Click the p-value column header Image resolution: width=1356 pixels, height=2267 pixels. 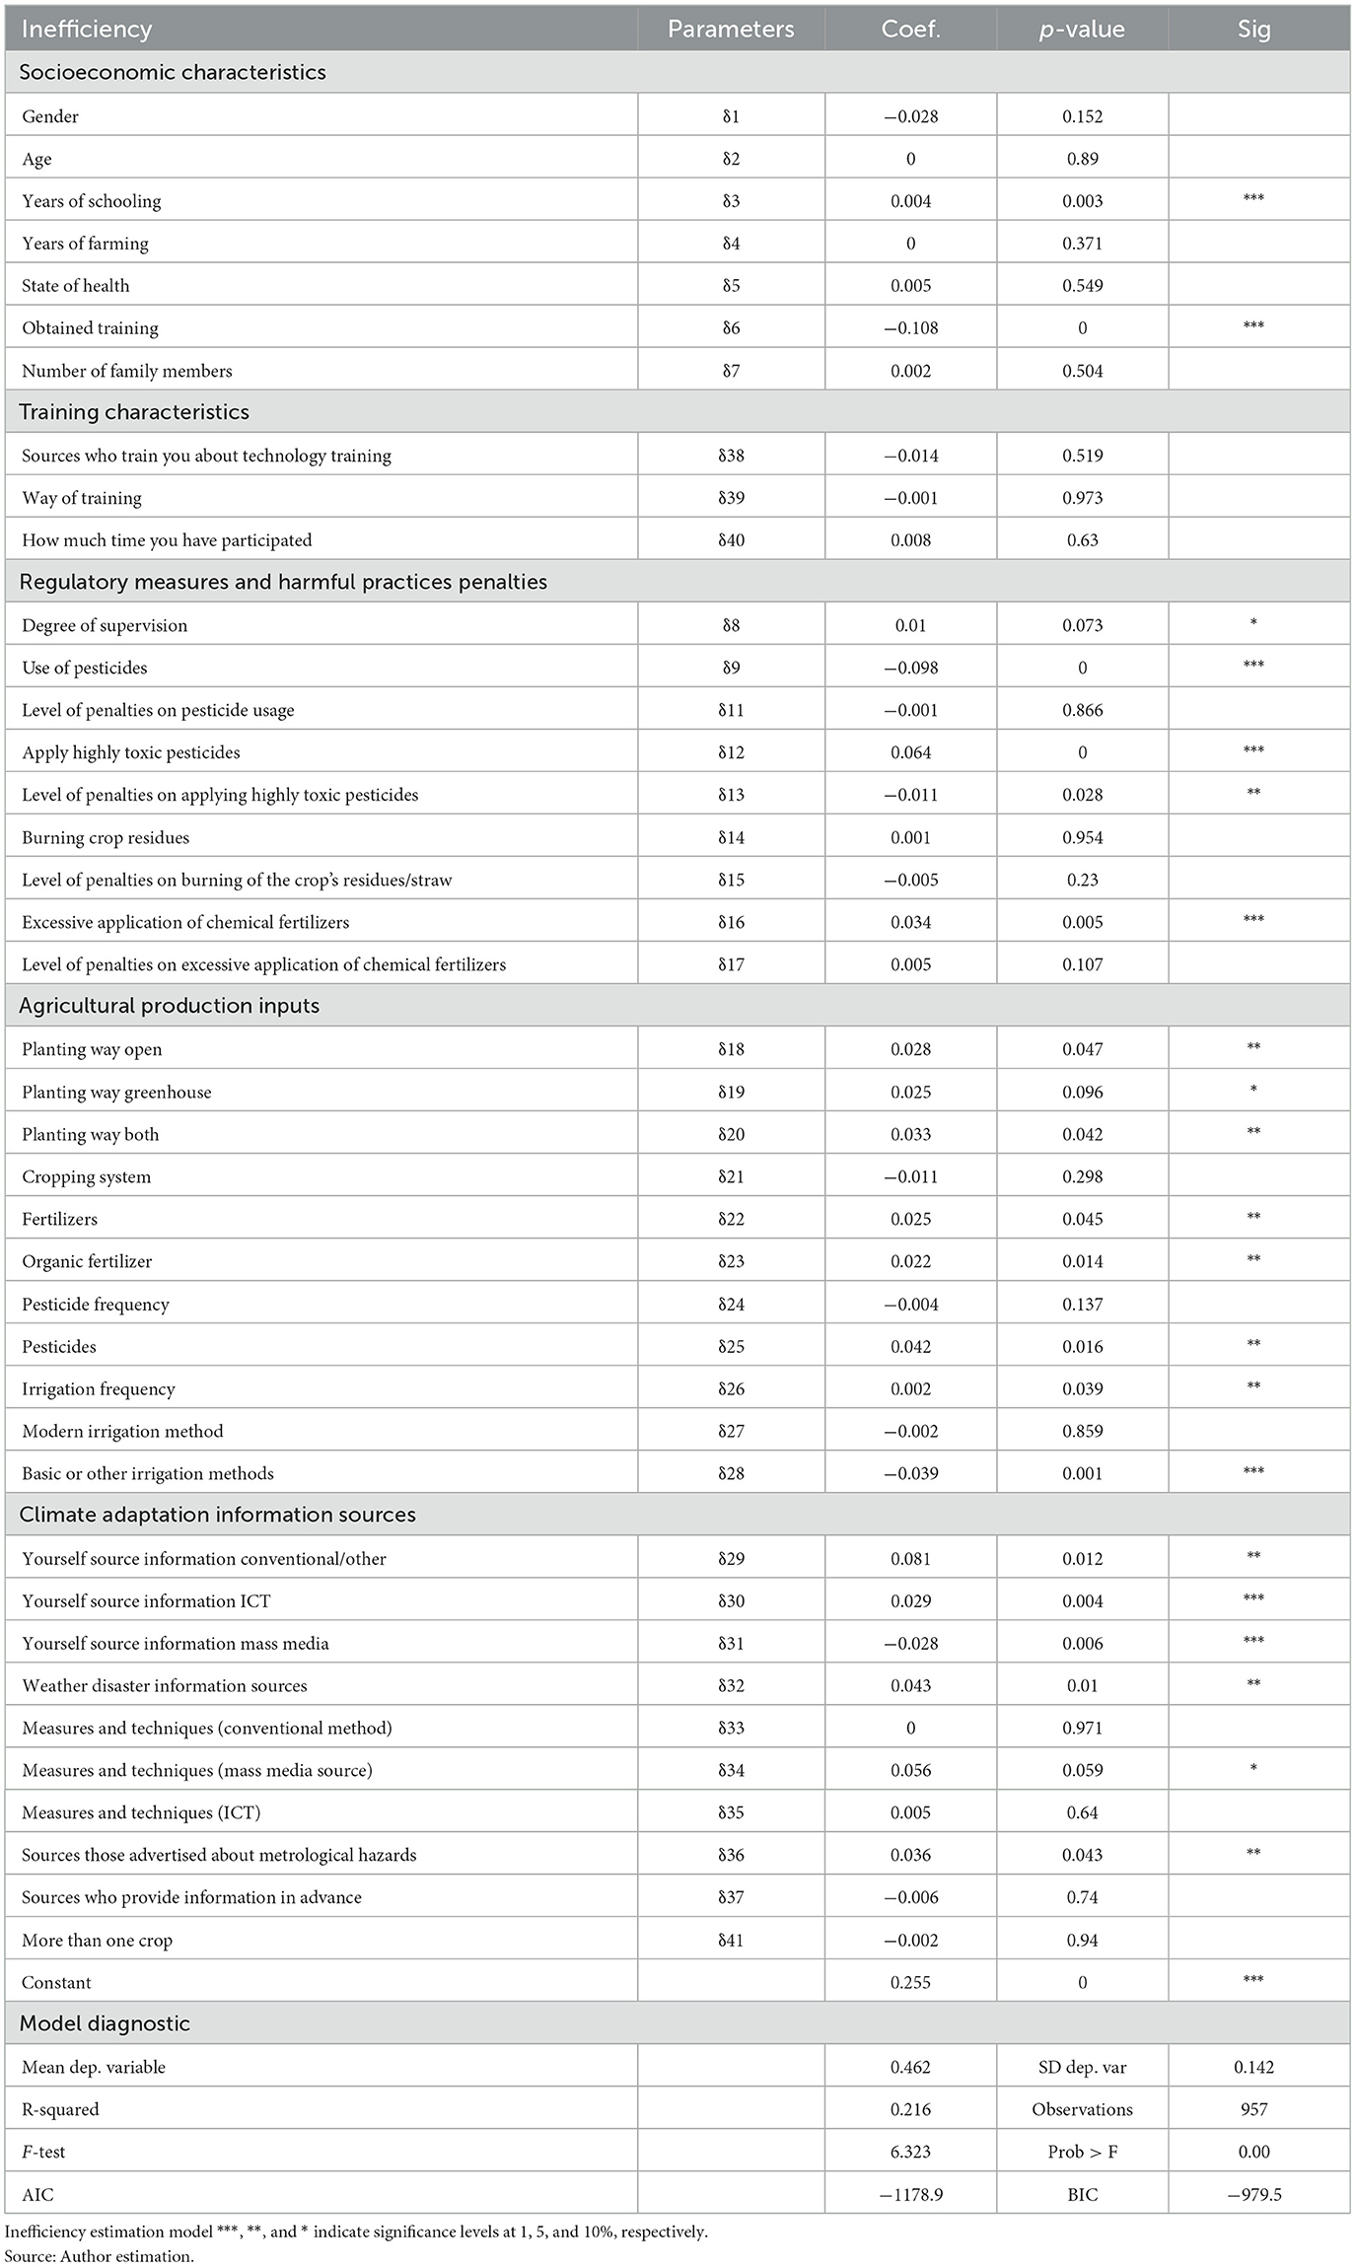click(x=1082, y=30)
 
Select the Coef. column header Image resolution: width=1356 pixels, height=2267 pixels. click(x=910, y=30)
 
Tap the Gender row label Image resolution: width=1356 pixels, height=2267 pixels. click(x=50, y=116)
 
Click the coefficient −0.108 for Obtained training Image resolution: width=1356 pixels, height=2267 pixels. click(x=910, y=328)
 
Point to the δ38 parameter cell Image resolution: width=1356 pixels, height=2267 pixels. click(x=731, y=456)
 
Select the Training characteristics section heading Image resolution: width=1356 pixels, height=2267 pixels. click(x=134, y=412)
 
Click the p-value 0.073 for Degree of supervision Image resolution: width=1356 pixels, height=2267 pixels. click(x=1082, y=625)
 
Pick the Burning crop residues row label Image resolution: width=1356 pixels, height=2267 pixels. click(x=106, y=837)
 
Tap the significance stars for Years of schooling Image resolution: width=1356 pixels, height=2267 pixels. click(x=1253, y=199)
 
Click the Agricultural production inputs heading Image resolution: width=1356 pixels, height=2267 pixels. click(x=170, y=1006)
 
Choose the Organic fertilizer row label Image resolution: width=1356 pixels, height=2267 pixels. click(x=88, y=1261)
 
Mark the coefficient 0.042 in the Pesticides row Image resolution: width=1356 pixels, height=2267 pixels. click(x=910, y=1346)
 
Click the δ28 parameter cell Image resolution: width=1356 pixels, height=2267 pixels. click(x=731, y=1473)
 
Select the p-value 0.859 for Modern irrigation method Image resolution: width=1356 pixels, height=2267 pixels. click(x=1082, y=1431)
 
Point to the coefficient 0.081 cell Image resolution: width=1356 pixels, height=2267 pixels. click(x=910, y=1559)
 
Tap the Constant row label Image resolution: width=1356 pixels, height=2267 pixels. click(x=56, y=1982)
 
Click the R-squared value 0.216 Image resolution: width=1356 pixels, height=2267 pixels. click(x=910, y=2109)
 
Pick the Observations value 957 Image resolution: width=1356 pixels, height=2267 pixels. click(x=1253, y=2109)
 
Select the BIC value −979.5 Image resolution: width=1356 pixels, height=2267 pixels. click(x=1253, y=2194)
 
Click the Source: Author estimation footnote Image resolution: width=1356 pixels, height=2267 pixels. click(x=99, y=2255)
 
